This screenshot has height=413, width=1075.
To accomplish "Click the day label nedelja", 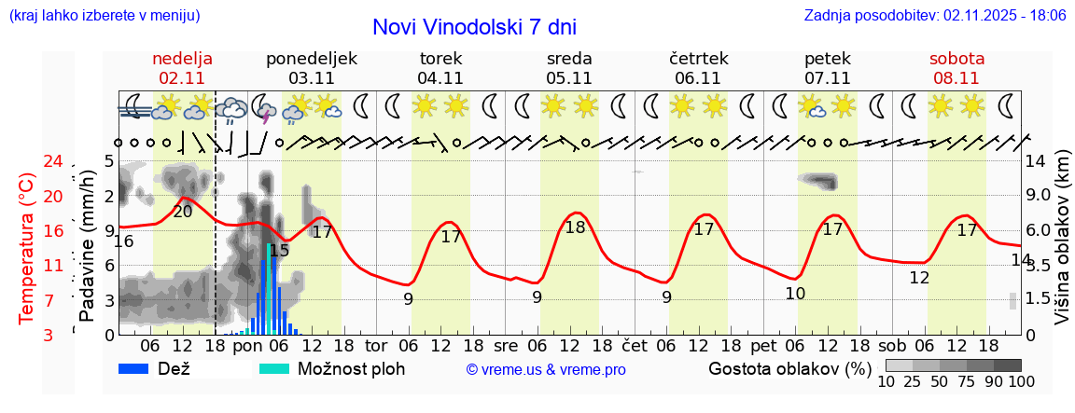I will tap(183, 59).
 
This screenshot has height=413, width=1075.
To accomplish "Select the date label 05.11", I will tap(569, 78).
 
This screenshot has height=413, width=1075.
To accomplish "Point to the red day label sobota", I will tap(956, 59).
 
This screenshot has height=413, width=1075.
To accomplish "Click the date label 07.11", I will tap(827, 78).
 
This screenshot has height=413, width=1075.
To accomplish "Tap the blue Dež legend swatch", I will tap(135, 368).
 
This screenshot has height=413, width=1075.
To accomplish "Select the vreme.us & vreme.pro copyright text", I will tap(546, 370).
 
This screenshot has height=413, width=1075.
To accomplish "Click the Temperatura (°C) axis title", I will tap(27, 247).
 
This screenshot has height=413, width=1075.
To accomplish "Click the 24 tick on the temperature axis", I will tap(27, 162).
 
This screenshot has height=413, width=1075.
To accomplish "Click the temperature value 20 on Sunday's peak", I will tap(183, 211).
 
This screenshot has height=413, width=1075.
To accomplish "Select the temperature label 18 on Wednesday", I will tap(575, 227).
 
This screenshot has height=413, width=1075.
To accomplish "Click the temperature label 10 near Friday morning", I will tap(795, 294).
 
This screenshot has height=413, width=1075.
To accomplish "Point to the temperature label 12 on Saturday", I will tap(919, 277).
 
